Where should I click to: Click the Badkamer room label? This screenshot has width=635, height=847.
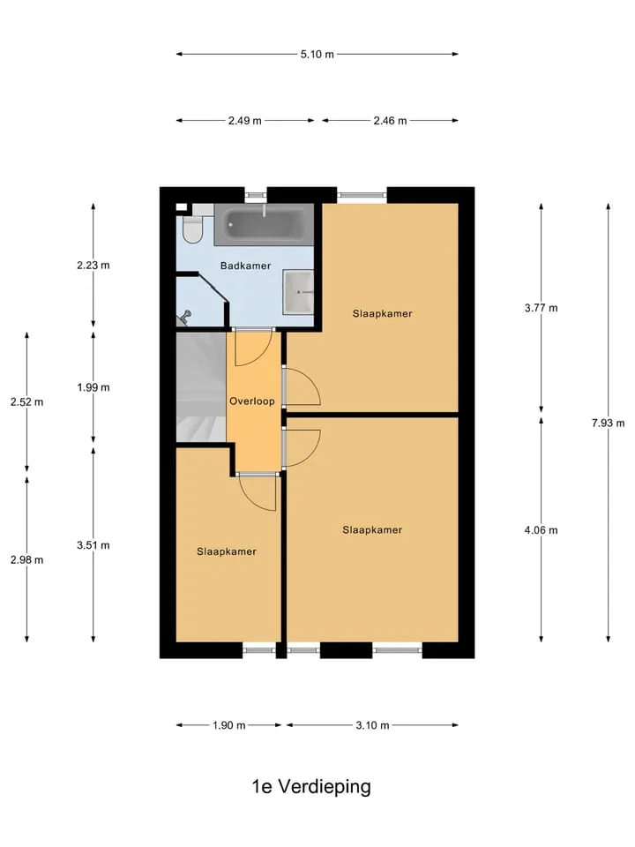pos(245,266)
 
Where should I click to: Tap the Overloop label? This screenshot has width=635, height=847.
pos(251,401)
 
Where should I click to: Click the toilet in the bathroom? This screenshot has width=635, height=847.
pos(192,229)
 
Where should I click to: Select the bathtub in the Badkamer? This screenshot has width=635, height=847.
pos(264,224)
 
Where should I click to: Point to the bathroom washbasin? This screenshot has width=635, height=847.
pos(298,292)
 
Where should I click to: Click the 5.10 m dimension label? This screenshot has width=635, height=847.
pos(317,54)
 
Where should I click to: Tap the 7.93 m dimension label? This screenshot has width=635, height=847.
pos(608,423)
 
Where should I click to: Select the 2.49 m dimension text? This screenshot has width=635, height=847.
pos(244,121)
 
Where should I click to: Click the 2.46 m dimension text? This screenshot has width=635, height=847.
pos(390,121)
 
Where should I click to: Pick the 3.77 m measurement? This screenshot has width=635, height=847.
pos(541,308)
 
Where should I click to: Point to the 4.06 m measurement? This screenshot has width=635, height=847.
pos(541,530)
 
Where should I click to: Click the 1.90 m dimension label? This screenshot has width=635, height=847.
pos(229,725)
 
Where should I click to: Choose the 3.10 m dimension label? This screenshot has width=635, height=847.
pos(372,725)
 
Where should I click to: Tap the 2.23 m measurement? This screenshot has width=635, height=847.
pos(93,266)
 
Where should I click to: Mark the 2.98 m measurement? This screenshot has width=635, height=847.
pos(27,559)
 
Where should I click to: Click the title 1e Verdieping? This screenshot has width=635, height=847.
pos(311,786)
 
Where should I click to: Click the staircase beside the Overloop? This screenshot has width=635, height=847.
pos(201,386)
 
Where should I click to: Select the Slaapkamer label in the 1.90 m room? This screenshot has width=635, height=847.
pos(227,551)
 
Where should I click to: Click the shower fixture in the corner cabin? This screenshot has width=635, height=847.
pos(184,317)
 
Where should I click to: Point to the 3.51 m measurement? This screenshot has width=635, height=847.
pos(93,545)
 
